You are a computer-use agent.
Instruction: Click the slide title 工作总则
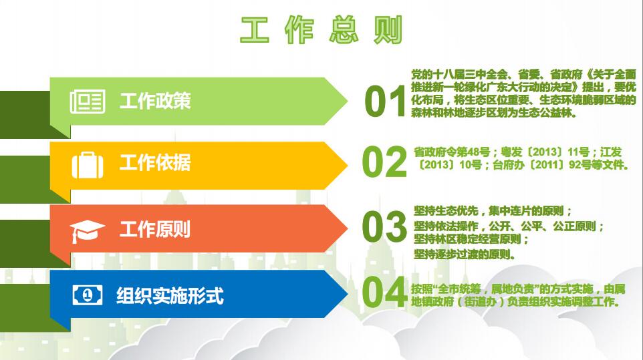321,29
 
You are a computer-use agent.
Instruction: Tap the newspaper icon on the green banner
88,101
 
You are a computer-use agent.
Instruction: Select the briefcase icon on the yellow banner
88,165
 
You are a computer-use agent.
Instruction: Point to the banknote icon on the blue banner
88,295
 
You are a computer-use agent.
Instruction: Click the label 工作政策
155,101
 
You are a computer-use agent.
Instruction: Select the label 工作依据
155,162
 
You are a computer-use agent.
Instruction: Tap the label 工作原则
155,229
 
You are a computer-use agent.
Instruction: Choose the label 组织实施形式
170,295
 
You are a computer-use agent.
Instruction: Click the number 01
384,102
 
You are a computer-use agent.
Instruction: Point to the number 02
384,162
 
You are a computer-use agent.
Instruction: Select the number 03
384,226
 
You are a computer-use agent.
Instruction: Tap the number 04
384,292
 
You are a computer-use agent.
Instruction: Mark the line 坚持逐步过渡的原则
465,254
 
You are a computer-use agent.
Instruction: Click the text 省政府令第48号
452,152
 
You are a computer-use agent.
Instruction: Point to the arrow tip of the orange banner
348,228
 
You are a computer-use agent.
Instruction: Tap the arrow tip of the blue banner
348,294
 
